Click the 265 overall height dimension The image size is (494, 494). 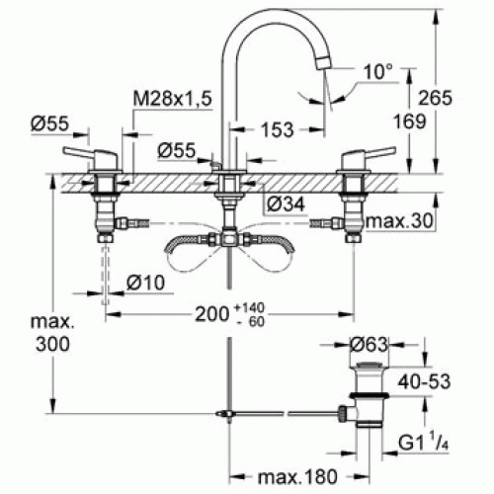point(436,98)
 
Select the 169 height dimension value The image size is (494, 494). point(410,122)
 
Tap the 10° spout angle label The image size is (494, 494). point(378,71)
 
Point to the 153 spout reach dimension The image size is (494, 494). point(277,129)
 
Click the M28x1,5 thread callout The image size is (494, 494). point(172,98)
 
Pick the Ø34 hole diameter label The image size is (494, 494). point(286,205)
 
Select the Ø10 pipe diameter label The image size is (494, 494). point(145,283)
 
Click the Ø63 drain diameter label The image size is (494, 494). point(369,345)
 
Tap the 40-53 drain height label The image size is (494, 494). point(424,381)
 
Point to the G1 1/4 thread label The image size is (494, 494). point(424,443)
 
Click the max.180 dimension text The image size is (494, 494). point(298,476)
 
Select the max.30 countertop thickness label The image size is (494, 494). point(399,221)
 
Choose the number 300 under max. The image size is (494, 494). point(52,345)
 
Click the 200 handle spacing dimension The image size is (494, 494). point(211,314)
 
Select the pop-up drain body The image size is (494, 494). point(370,395)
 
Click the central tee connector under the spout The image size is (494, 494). point(229,238)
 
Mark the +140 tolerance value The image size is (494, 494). point(250,308)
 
